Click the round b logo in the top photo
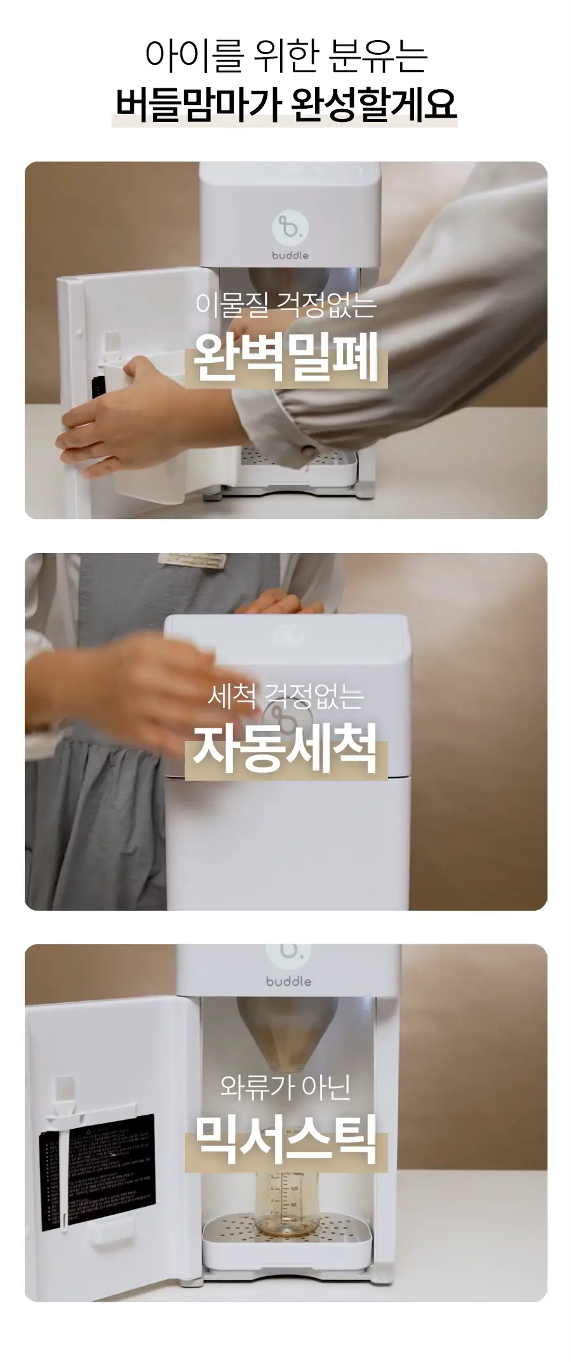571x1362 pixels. (x=290, y=227)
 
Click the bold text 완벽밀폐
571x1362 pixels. (x=286, y=357)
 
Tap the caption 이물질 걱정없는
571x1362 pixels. (x=286, y=304)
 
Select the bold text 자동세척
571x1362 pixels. (x=285, y=748)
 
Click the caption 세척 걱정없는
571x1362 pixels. (x=286, y=696)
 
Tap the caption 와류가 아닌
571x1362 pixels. (x=285, y=1087)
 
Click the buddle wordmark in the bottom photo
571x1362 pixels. (x=288, y=981)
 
